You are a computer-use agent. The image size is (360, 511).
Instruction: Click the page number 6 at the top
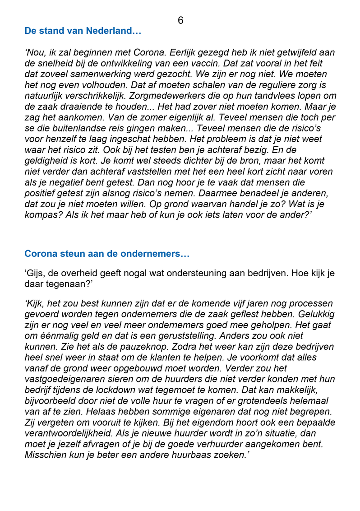point(180,20)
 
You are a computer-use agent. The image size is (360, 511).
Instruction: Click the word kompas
point(41,215)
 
